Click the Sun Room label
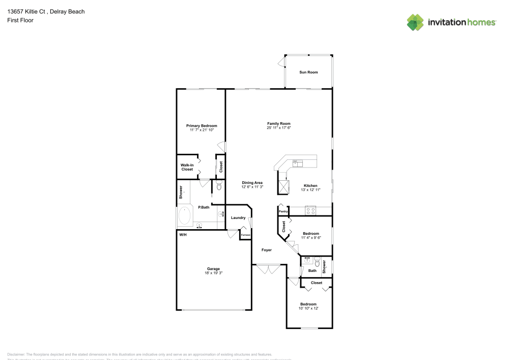click(308, 72)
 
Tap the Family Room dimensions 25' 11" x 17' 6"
click(278, 128)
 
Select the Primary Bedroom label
click(202, 126)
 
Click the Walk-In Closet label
click(187, 167)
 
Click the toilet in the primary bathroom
click(219, 187)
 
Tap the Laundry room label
click(238, 218)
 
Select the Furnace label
click(246, 235)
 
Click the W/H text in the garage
click(182, 235)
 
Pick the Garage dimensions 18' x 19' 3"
click(213, 273)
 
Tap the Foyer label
click(267, 250)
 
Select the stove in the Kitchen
click(311, 210)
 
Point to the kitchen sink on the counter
click(297, 163)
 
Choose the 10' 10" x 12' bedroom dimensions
click(308, 308)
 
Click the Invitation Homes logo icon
click(415, 22)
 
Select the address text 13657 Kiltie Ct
click(28, 11)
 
